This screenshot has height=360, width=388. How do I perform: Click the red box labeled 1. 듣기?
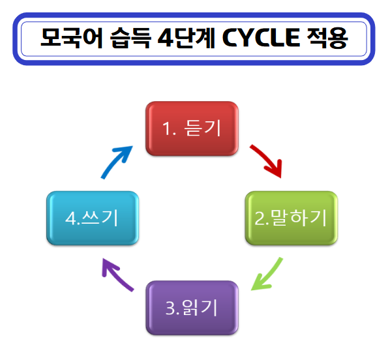[192, 128]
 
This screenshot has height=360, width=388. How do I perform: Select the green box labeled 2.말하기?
[291, 218]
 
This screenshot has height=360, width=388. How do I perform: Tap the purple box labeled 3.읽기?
[192, 308]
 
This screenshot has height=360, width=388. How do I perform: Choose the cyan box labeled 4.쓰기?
[93, 218]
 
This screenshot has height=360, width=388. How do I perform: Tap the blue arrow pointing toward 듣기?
[115, 161]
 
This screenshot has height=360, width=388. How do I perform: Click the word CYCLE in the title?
[261, 38]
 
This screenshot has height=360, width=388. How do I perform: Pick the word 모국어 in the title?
[72, 38]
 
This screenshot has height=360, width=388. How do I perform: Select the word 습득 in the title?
[130, 38]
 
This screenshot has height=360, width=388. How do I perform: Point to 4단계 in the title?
[186, 38]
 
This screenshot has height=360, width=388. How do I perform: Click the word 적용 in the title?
[327, 38]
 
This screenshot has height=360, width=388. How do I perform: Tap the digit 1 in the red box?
[166, 128]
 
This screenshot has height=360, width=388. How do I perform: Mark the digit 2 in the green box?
[260, 218]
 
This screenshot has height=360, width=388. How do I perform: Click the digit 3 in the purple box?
[170, 308]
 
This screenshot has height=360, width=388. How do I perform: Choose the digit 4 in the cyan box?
[71, 218]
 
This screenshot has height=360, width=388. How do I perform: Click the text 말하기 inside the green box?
[299, 218]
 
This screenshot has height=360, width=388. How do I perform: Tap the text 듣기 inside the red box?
[202, 128]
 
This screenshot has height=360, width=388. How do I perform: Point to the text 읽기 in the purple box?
[200, 308]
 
